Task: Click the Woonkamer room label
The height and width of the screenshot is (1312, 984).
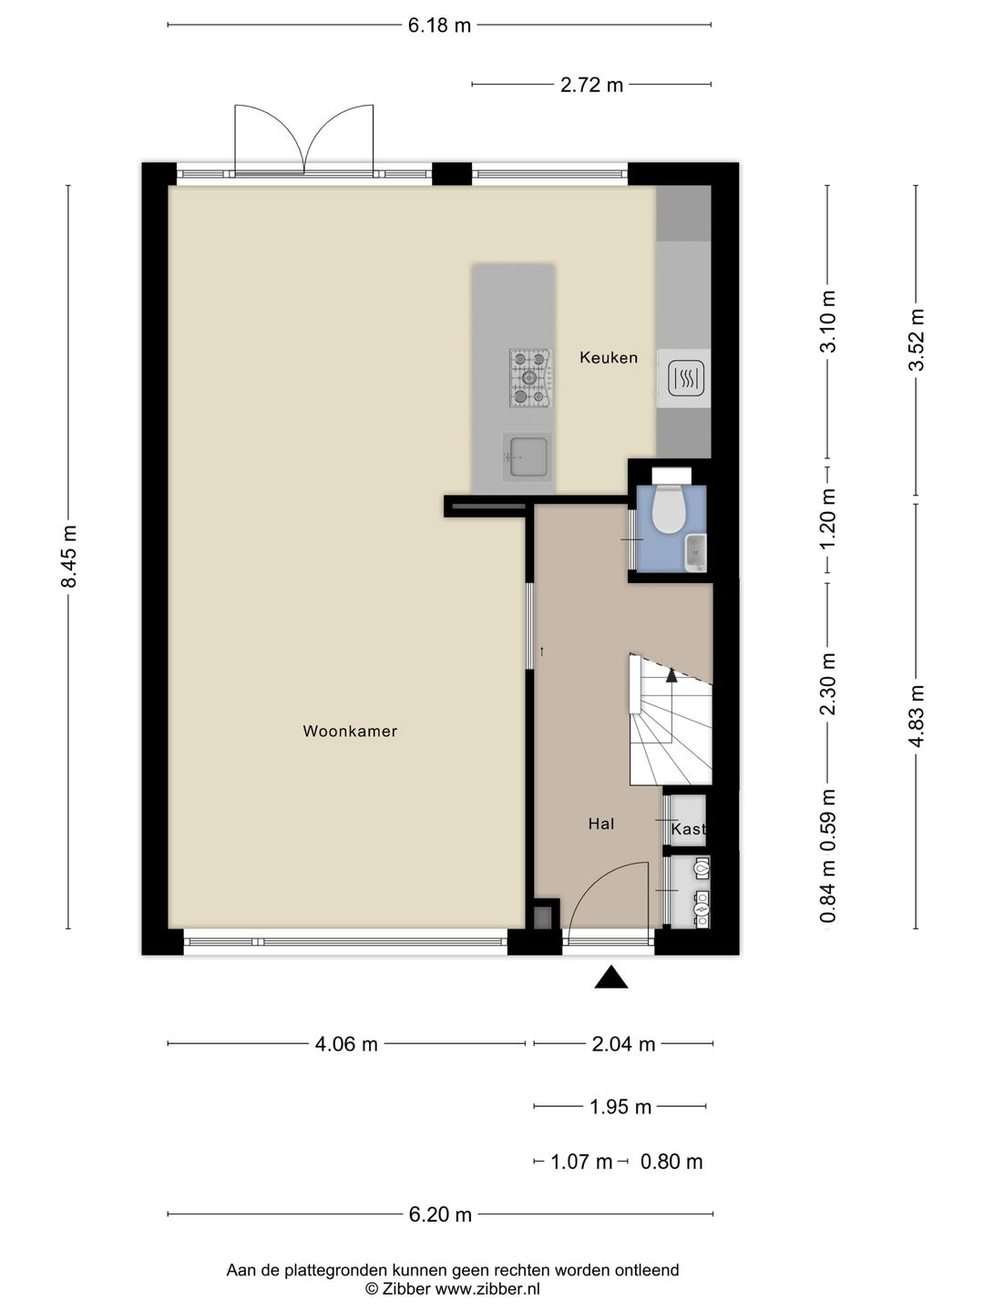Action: coord(350,731)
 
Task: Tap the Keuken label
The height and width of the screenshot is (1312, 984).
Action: coord(609,357)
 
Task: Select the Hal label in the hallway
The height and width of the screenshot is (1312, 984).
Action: coord(601,825)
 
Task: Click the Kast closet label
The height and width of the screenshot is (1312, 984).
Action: coord(688,829)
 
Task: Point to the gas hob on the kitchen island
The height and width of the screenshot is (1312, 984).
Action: coord(530,378)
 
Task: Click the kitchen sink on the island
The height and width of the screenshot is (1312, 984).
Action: coord(527,458)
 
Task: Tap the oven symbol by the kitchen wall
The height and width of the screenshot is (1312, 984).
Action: coord(683,378)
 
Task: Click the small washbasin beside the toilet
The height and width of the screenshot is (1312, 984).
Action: coord(696,554)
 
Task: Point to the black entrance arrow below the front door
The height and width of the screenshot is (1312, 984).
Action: coord(610,977)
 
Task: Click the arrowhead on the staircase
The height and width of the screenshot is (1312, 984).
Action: coord(671,675)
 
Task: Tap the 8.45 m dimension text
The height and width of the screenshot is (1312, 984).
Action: coord(69,557)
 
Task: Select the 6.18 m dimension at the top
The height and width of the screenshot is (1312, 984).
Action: coord(439,26)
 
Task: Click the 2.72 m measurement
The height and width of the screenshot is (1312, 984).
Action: coord(591,85)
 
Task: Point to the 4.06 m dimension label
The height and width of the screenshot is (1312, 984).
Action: coord(346,1043)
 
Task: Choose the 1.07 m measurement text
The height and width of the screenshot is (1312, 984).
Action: coord(580,1162)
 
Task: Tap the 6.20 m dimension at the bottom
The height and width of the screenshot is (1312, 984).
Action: coord(440,1214)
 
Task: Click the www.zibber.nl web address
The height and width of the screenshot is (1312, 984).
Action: coord(487,1289)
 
